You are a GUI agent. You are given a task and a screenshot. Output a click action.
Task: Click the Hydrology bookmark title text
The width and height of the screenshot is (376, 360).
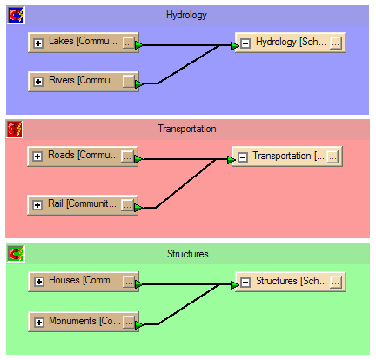(186, 15)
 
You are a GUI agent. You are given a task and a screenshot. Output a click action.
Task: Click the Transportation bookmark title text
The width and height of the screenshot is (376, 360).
(187, 129)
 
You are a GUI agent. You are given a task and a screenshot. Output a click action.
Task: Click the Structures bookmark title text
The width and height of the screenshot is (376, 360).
(188, 254)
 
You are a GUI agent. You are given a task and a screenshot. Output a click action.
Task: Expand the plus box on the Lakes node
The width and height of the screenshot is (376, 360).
(38, 43)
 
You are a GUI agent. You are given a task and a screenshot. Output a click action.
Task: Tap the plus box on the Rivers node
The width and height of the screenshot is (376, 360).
(38, 82)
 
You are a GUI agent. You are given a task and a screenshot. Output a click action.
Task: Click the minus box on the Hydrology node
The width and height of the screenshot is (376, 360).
(245, 43)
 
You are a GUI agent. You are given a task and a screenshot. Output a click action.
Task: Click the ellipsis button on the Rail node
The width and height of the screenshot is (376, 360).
(127, 205)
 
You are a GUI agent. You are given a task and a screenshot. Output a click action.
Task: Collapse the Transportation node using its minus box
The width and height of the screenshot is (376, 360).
(243, 157)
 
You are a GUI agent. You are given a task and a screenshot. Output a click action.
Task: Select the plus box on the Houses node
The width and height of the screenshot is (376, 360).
(39, 282)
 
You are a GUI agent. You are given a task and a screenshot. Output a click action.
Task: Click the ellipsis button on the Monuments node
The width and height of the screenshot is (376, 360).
(129, 322)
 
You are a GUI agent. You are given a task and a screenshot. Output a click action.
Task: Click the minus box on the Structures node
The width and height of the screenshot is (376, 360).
(245, 282)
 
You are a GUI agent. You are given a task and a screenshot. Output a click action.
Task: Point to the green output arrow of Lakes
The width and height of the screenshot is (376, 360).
(138, 45)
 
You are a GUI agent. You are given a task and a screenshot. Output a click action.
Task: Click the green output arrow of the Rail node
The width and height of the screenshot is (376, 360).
(138, 208)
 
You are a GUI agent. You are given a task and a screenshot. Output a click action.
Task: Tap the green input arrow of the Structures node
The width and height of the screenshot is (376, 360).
(235, 285)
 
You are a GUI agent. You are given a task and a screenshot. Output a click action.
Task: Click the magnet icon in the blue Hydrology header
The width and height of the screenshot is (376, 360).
(16, 16)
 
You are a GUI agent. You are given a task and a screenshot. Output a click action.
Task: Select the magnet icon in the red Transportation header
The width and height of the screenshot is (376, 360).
(15, 130)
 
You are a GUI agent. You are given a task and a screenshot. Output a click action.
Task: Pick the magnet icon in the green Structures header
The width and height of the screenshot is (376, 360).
(16, 254)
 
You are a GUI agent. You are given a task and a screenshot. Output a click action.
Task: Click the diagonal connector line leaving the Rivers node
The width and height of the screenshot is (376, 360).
(189, 64)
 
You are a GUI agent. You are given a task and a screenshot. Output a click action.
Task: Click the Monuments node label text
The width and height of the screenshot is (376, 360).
(84, 321)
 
